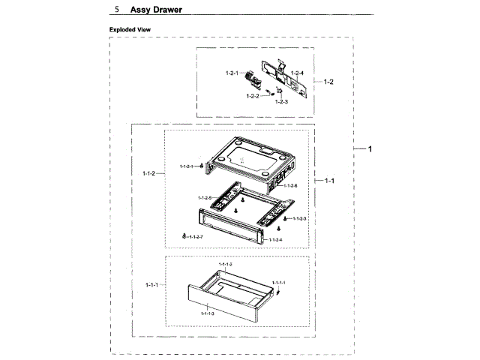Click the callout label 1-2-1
point(232,73)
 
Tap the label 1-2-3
point(281,101)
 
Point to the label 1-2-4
point(297,73)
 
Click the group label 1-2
point(328,80)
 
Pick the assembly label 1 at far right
point(369,149)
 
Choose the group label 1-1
point(329,181)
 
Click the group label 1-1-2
point(148,173)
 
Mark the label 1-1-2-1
point(187,166)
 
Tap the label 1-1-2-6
point(290,185)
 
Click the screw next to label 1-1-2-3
point(285,218)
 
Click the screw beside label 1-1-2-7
point(184,236)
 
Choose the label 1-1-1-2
point(225,265)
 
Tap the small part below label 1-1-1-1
point(277,291)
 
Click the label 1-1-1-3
point(208,313)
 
